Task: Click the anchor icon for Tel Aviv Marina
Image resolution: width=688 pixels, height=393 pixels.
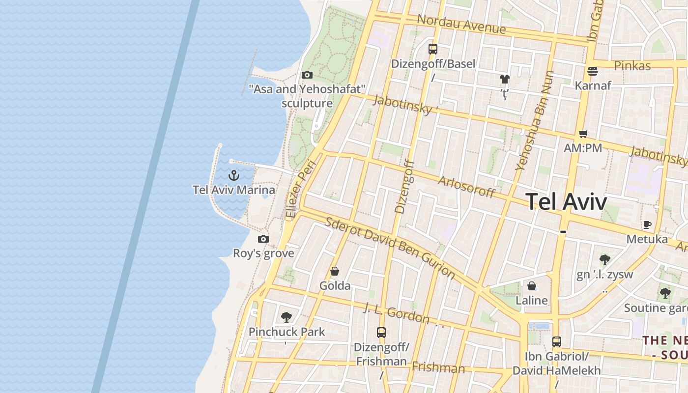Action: (x=234, y=175)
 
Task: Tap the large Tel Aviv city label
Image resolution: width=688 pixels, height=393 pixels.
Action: (x=566, y=201)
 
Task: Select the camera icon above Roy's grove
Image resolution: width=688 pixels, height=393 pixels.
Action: (x=263, y=239)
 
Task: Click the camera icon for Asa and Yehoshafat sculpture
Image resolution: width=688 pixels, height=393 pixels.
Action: (x=307, y=75)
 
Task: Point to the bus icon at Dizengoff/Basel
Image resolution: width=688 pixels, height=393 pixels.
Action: (x=433, y=49)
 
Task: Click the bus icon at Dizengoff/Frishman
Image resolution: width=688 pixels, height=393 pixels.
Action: (x=381, y=332)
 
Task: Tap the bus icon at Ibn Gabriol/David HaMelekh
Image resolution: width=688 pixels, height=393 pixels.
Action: (x=557, y=341)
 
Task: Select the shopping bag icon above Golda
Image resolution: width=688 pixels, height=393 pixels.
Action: (x=335, y=271)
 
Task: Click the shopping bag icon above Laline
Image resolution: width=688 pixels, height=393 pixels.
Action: (x=532, y=286)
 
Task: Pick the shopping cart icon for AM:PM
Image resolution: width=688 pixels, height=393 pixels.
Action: (x=583, y=134)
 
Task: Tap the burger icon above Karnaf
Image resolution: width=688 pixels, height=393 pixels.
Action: (x=593, y=71)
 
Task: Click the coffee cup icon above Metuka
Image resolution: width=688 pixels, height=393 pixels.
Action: (x=647, y=225)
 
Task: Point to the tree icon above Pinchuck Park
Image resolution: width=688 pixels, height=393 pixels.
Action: (x=287, y=317)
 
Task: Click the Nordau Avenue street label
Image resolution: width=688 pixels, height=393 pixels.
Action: (x=461, y=24)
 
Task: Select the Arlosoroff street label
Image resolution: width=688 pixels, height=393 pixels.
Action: (x=466, y=187)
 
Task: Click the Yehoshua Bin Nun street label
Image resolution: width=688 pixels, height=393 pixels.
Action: (x=534, y=121)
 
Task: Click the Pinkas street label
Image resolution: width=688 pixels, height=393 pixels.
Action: (x=632, y=66)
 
